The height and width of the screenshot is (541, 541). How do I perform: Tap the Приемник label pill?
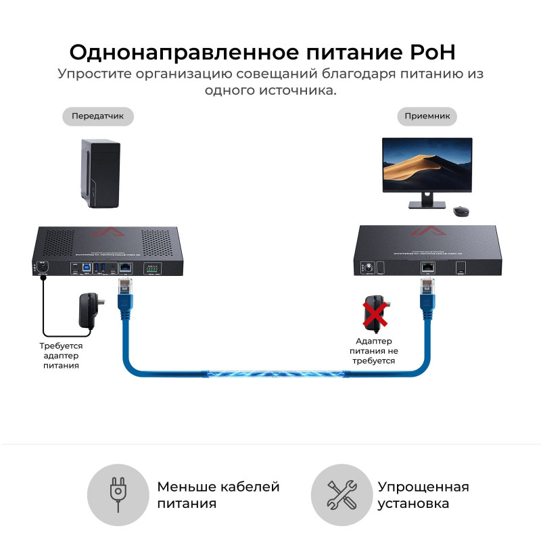[x=427, y=116]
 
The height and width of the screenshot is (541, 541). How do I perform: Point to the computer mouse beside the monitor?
[x=461, y=212]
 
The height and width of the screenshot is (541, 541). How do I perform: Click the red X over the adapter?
[x=375, y=313]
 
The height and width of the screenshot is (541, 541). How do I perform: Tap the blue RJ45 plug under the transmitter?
[x=126, y=291]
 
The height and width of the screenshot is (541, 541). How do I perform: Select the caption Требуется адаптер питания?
[x=61, y=355]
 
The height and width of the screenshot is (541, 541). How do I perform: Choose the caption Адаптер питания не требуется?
[x=374, y=351]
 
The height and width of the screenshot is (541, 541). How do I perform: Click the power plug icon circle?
[x=119, y=495]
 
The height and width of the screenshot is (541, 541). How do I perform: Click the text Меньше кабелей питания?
[x=218, y=495]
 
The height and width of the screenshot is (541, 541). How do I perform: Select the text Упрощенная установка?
[x=423, y=495]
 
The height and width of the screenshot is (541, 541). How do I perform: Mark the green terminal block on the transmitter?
[x=151, y=268]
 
